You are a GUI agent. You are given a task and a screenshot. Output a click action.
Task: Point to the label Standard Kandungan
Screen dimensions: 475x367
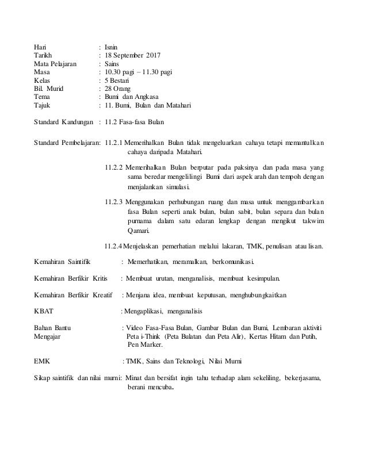(x=63, y=122)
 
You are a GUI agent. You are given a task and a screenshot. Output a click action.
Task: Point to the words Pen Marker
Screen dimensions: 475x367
(x=144, y=345)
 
